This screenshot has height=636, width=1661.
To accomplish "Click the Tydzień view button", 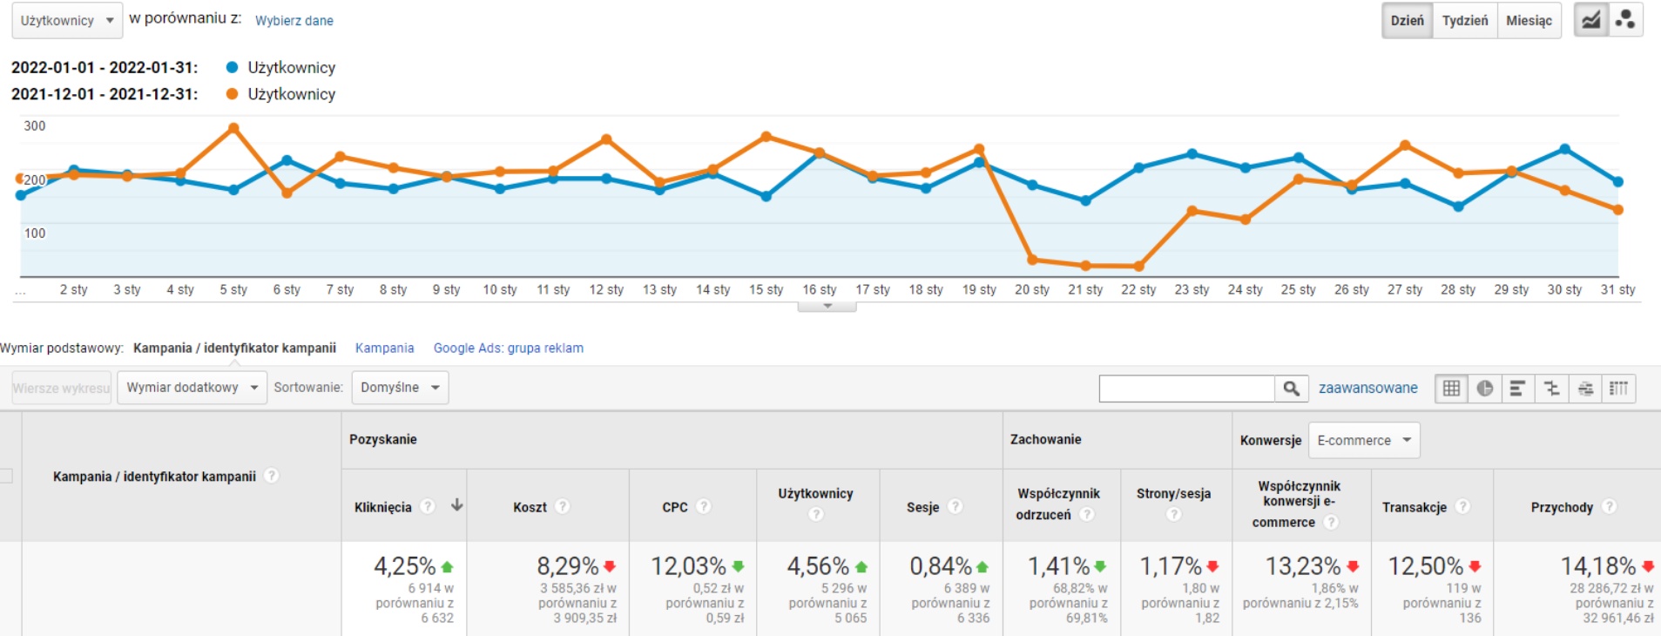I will [1465, 21].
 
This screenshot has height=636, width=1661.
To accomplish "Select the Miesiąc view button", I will [1529, 21].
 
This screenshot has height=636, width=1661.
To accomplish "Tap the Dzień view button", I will [1407, 21].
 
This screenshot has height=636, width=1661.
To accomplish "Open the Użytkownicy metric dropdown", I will [67, 21].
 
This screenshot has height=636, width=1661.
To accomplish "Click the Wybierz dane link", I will [294, 21].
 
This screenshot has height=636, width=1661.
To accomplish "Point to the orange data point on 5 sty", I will [233, 128].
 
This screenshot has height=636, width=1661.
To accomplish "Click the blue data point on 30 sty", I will [1564, 149].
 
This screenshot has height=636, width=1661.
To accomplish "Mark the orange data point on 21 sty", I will [1085, 266].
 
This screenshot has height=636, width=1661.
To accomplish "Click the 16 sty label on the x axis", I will [819, 289].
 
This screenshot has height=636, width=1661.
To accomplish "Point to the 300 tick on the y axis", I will [35, 125].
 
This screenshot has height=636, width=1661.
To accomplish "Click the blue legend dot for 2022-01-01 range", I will [232, 67].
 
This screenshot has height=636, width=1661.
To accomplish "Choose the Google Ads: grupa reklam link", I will [508, 348].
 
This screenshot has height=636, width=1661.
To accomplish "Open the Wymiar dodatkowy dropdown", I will [192, 388].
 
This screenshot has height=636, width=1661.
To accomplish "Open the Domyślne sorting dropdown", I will [400, 388].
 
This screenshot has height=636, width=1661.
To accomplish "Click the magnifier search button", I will [1291, 389].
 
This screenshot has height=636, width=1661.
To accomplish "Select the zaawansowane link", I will [1367, 388].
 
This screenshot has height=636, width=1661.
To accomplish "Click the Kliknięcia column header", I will [382, 507].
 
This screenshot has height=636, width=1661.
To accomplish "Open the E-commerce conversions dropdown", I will [1363, 440].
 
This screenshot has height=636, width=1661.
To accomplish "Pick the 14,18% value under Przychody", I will [1597, 566].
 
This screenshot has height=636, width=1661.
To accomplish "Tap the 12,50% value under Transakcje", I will [1425, 566].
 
